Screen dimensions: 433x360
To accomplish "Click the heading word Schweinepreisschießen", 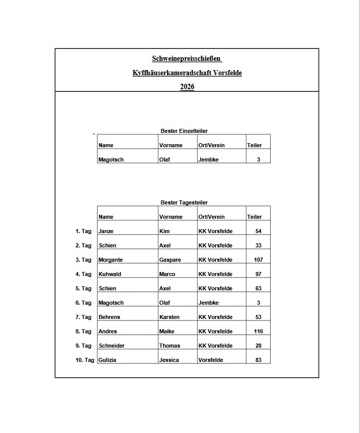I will pos(186,59).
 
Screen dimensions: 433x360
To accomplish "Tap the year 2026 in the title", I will pos(187,87).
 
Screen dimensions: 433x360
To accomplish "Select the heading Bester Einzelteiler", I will pos(184,131).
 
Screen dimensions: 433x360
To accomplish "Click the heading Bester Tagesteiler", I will pos(184,203).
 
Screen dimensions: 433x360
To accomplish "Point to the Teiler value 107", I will pos(258,260).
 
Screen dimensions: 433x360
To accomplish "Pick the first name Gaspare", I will pos(170,260).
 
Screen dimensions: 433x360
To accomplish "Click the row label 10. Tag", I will pos(85,360).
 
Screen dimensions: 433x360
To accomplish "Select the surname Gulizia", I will pos(107,360).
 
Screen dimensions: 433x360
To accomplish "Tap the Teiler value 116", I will pos(258,332).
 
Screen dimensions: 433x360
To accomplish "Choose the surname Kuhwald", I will pos(110,275).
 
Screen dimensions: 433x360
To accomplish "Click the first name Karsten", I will pos(169,317).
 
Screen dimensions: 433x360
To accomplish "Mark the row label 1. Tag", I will pos(83,232).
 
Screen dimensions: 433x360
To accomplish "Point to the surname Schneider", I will pos(111,346).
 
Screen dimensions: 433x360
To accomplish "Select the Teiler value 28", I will pos(258,346).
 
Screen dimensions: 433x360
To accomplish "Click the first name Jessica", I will pos(169,360).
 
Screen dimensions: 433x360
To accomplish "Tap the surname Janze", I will pos(106,232).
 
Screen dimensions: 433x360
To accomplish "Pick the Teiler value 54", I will pos(258,232).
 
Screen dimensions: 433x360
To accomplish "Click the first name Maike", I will pos(166,332).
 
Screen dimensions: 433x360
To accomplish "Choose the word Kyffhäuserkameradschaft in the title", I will pos(170,73).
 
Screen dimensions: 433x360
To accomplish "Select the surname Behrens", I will pos(109,317).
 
